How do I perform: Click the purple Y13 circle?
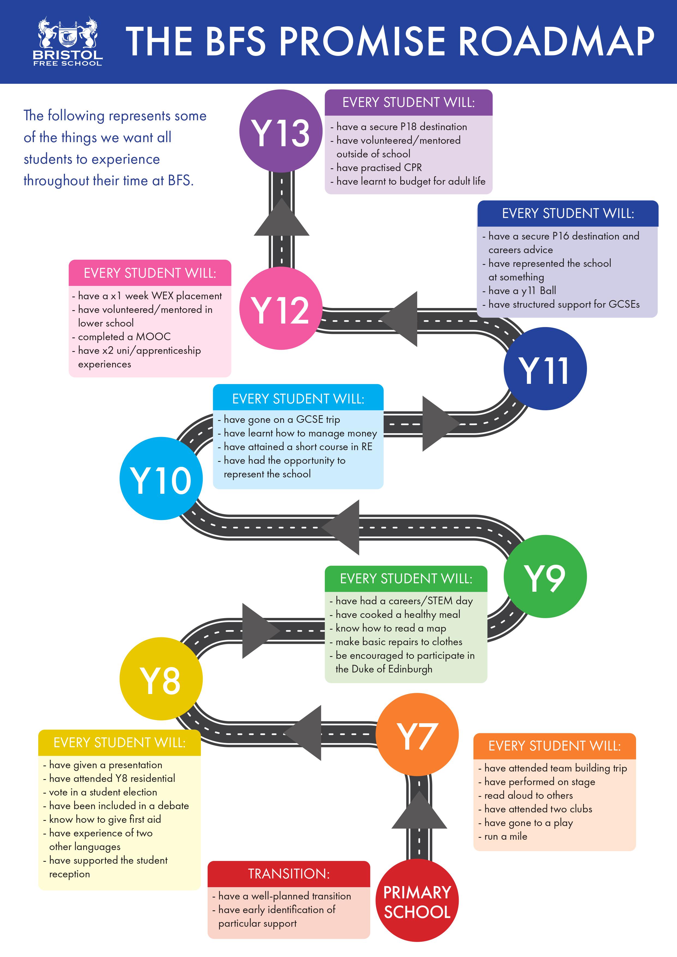pos(281,131)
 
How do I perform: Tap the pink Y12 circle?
pos(281,309)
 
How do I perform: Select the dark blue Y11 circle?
pos(545,369)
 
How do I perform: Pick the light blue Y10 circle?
pos(161,478)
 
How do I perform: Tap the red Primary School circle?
pos(417,900)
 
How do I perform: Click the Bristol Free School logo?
pos(67,42)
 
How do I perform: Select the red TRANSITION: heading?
pos(288,874)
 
